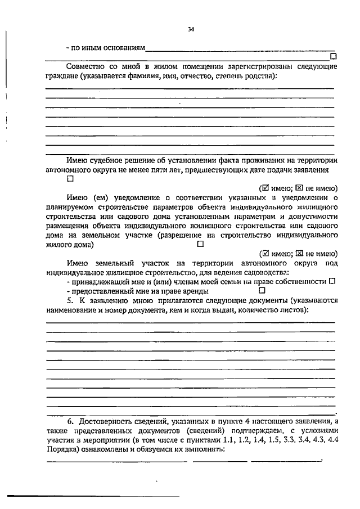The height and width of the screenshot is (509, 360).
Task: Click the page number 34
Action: tap(191, 30)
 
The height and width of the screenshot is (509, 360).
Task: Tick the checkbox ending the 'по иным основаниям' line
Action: tap(334, 56)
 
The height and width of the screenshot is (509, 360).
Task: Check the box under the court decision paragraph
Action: tap(70, 179)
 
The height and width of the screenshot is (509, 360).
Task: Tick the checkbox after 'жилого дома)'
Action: tap(200, 245)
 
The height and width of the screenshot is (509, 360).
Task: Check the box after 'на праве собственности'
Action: tap(332, 281)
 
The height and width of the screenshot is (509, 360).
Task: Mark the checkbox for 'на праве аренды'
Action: tap(262, 291)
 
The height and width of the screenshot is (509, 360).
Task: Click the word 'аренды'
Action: tap(195, 291)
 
